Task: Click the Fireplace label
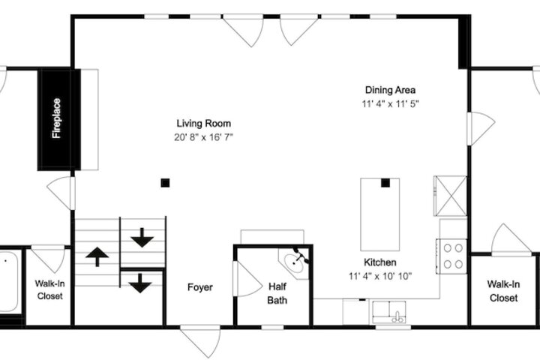point(56,118)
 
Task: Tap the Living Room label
point(203,123)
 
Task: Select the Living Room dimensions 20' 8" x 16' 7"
point(203,137)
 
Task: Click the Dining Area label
point(390,90)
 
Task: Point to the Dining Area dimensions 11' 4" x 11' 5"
point(390,103)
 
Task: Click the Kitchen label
point(379,262)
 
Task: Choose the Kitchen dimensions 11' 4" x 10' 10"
point(379,276)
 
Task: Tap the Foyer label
point(199,287)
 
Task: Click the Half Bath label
point(277,293)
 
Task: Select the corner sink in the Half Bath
point(294,263)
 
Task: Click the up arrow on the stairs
point(97,256)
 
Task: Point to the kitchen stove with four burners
point(452,256)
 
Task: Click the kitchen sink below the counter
point(388,312)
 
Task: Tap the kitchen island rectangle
point(379,214)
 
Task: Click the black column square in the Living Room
point(165,183)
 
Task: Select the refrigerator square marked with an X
point(451,196)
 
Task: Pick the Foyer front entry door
point(200,341)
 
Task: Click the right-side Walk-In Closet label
point(503,291)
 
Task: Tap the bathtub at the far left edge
point(8,281)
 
